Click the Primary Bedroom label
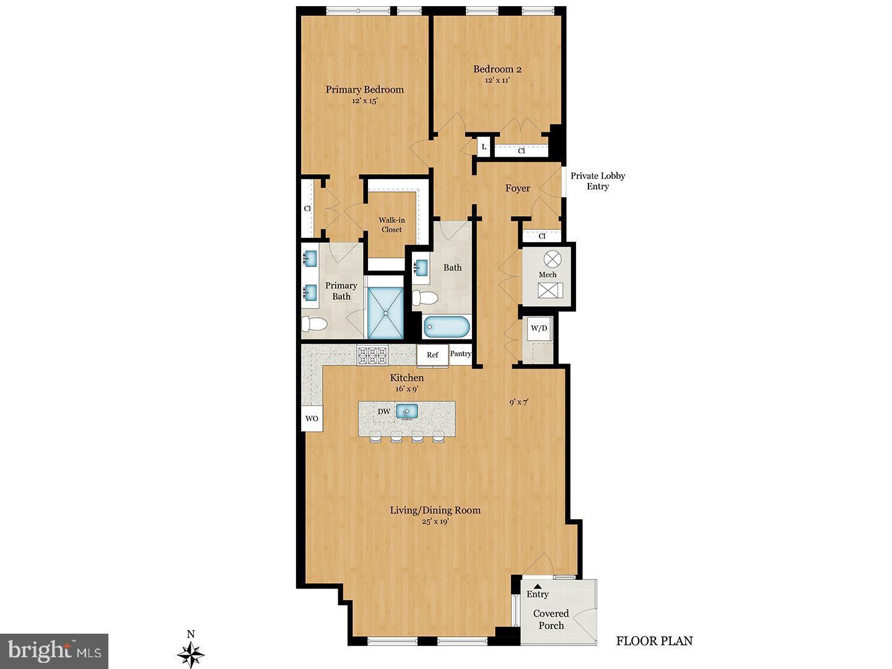pyautogui.click(x=364, y=90)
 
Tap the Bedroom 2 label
pyautogui.click(x=492, y=69)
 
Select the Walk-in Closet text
pyautogui.click(x=391, y=224)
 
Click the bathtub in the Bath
pyautogui.click(x=447, y=326)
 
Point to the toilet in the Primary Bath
pyautogui.click(x=315, y=324)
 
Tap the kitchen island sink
pyautogui.click(x=407, y=412)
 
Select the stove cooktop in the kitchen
pyautogui.click(x=372, y=355)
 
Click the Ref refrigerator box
pyautogui.click(x=432, y=355)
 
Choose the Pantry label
pyautogui.click(x=460, y=354)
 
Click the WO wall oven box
pyautogui.click(x=312, y=419)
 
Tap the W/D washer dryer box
pyautogui.click(x=538, y=328)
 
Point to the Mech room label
pyautogui.click(x=547, y=274)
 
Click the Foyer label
pyautogui.click(x=517, y=188)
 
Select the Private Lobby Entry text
pyautogui.click(x=597, y=181)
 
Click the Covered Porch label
pyautogui.click(x=551, y=619)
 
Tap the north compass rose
pyautogui.click(x=191, y=653)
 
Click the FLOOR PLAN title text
pyautogui.click(x=654, y=641)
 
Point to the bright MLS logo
pyautogui.click(x=55, y=651)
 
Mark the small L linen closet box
pyautogui.click(x=483, y=147)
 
